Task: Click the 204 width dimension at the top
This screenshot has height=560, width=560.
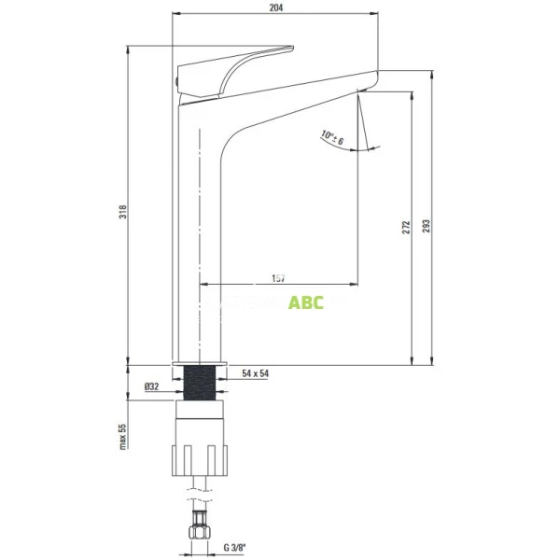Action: click(x=276, y=7)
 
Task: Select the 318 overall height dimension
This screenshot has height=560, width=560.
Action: click(x=123, y=212)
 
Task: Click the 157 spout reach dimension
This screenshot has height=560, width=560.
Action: click(x=277, y=278)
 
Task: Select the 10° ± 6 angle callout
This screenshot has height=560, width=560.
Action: click(x=332, y=138)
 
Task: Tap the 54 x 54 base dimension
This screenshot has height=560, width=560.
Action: click(x=254, y=373)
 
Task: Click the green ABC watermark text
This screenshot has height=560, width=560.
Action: click(x=305, y=303)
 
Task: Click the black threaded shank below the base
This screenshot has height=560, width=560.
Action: click(x=200, y=383)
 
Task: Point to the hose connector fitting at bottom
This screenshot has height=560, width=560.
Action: click(x=199, y=527)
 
